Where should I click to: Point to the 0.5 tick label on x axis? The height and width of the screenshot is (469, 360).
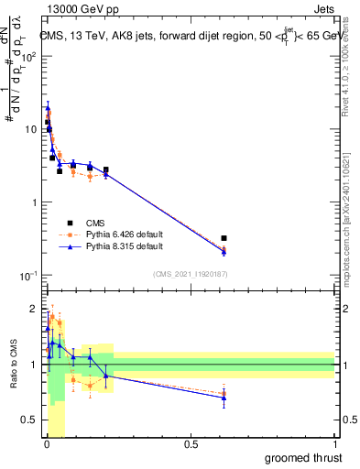[x=191, y=444]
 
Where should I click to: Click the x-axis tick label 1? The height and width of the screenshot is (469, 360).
[x=335, y=444]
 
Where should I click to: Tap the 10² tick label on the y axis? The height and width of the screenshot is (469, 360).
[x=31, y=56]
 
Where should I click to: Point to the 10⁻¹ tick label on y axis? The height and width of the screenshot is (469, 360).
[x=31, y=276]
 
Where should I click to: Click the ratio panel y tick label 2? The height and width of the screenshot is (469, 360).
[x=35, y=308]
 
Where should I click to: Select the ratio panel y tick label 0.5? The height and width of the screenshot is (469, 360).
[x=31, y=420]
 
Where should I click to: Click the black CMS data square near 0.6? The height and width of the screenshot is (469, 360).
[x=224, y=238]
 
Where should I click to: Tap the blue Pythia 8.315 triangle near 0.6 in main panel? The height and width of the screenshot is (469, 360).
[x=224, y=251]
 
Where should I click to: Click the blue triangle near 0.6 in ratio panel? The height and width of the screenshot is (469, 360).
[x=224, y=398]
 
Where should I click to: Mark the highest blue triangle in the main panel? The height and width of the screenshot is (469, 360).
[x=47, y=106]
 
